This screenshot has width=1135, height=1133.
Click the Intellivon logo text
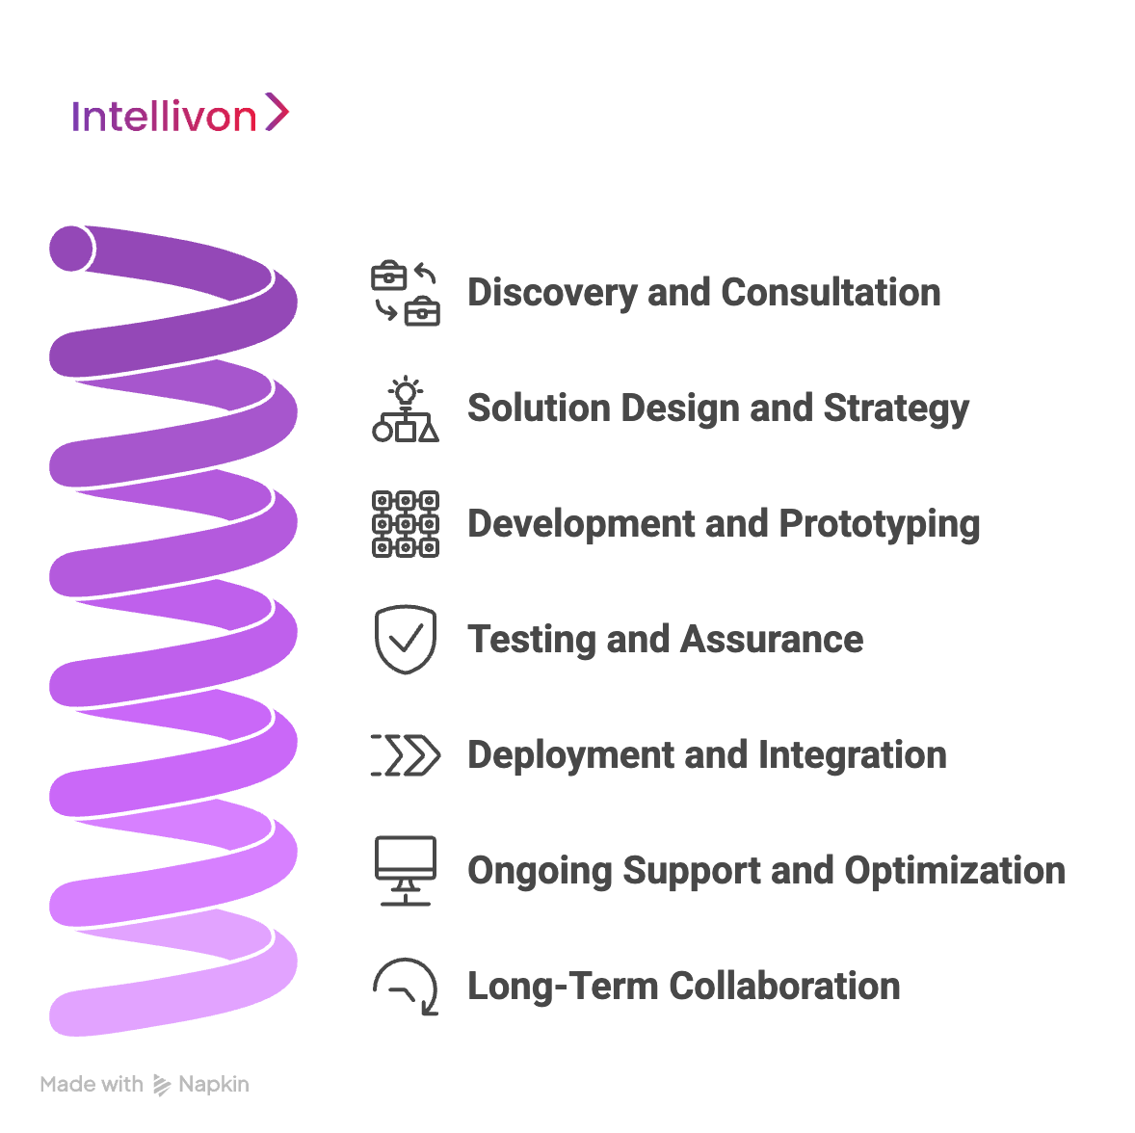[x=164, y=117]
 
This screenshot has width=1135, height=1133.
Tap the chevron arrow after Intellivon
[x=277, y=112]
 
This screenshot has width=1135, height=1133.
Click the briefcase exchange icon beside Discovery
[x=406, y=293]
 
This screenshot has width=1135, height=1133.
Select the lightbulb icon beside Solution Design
[x=406, y=409]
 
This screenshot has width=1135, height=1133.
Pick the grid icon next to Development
[x=406, y=524]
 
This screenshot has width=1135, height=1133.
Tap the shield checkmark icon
[x=406, y=640]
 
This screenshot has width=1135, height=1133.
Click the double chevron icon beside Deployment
[x=406, y=755]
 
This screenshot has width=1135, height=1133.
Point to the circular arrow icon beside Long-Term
[x=406, y=987]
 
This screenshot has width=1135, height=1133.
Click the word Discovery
[x=552, y=293]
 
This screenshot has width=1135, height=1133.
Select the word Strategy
[x=896, y=409]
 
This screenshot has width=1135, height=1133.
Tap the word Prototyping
[x=880, y=524]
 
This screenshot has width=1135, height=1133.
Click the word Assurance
[x=772, y=640]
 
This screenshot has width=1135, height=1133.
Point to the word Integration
[x=853, y=756]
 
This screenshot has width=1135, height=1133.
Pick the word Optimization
[x=955, y=871]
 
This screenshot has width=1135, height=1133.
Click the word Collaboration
[x=784, y=986]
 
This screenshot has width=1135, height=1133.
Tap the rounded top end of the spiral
[x=71, y=249]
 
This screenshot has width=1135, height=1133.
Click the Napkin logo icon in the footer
[x=162, y=1085]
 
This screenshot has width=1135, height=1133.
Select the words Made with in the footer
[x=92, y=1084]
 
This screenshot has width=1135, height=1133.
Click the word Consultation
[x=831, y=293]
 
